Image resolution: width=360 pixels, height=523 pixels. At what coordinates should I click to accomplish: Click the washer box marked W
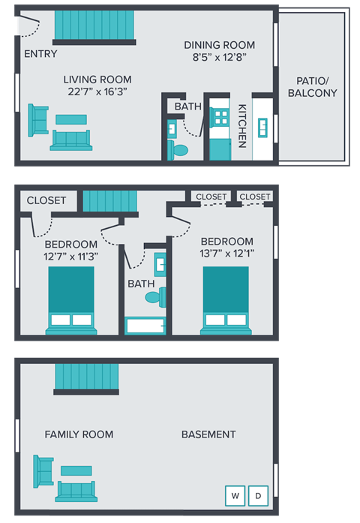235,496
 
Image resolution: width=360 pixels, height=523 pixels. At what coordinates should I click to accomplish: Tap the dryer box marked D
258,496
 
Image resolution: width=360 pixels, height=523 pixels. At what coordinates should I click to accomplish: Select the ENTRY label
40,54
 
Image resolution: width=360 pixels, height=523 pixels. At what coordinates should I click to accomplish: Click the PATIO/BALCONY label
312,86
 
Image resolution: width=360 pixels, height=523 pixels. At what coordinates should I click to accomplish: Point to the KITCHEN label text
242,125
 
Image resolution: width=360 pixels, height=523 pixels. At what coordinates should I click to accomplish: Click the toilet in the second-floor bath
154,298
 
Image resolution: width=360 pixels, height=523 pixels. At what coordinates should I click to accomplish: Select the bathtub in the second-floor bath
145,326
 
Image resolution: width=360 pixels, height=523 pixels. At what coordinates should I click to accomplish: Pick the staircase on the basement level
87,377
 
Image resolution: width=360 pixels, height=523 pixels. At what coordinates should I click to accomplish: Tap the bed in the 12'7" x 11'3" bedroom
71,299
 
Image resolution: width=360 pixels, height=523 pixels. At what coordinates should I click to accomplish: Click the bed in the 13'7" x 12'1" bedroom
226,299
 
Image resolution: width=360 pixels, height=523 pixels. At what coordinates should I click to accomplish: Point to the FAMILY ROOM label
79,434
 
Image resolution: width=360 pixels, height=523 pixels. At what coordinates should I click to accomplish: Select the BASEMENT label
208,434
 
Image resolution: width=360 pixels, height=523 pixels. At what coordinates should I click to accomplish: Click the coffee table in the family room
76,470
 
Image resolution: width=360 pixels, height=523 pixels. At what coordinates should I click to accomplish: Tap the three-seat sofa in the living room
71,139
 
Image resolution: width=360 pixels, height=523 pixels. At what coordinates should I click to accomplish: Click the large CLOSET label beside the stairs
46,201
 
